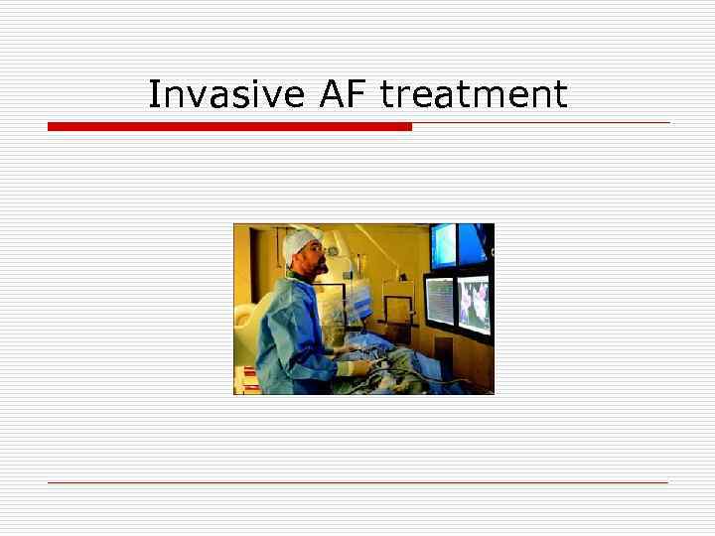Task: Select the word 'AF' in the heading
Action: coord(344,94)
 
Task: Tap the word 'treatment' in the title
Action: coord(474,94)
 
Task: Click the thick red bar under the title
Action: coord(229,127)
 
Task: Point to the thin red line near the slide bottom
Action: coord(357,482)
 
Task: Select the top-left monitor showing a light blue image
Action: coord(442,244)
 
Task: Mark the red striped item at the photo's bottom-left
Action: coord(245,379)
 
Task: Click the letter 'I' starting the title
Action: coord(153,94)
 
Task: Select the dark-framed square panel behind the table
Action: coord(398,308)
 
